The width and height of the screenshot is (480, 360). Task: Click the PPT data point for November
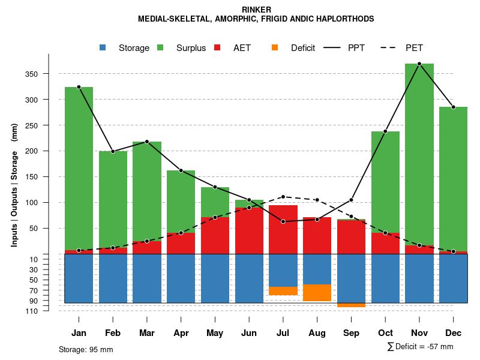(419, 64)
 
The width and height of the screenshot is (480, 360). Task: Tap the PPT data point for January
(79, 87)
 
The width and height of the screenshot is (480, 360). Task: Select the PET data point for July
(283, 197)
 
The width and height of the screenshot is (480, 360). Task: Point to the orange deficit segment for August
(317, 293)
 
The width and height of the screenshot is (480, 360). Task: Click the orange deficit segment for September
(351, 305)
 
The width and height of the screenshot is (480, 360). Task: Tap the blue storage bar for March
(147, 278)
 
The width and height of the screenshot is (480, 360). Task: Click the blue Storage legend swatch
(104, 47)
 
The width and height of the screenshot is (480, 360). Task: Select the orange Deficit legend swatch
(275, 47)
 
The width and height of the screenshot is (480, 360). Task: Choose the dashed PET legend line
(391, 47)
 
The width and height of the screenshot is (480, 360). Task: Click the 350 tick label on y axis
(48, 74)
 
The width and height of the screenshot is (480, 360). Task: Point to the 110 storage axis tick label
(49, 311)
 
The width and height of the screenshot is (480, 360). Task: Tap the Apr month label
(181, 333)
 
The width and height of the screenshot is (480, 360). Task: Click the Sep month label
(352, 333)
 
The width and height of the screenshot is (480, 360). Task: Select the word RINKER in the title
(256, 10)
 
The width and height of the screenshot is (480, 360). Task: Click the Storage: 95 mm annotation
(86, 349)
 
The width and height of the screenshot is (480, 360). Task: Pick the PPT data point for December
(454, 107)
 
